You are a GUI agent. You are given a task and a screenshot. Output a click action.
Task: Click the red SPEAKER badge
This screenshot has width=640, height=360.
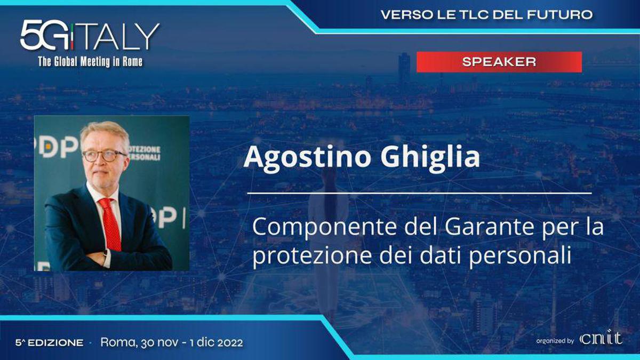499,62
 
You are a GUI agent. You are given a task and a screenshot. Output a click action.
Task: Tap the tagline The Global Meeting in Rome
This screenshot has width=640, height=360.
90,61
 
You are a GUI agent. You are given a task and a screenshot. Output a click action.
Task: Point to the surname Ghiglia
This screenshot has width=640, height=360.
430,158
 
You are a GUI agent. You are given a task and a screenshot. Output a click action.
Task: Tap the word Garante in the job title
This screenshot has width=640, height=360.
489,226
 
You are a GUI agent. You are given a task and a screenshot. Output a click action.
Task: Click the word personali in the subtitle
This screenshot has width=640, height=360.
520,255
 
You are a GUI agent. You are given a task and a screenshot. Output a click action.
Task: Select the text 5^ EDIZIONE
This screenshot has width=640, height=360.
50,342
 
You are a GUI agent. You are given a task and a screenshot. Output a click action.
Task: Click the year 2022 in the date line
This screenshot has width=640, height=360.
230,342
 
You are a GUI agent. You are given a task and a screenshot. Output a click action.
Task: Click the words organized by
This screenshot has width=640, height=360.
555,341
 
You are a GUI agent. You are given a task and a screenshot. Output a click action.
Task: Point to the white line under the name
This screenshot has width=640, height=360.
419,194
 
